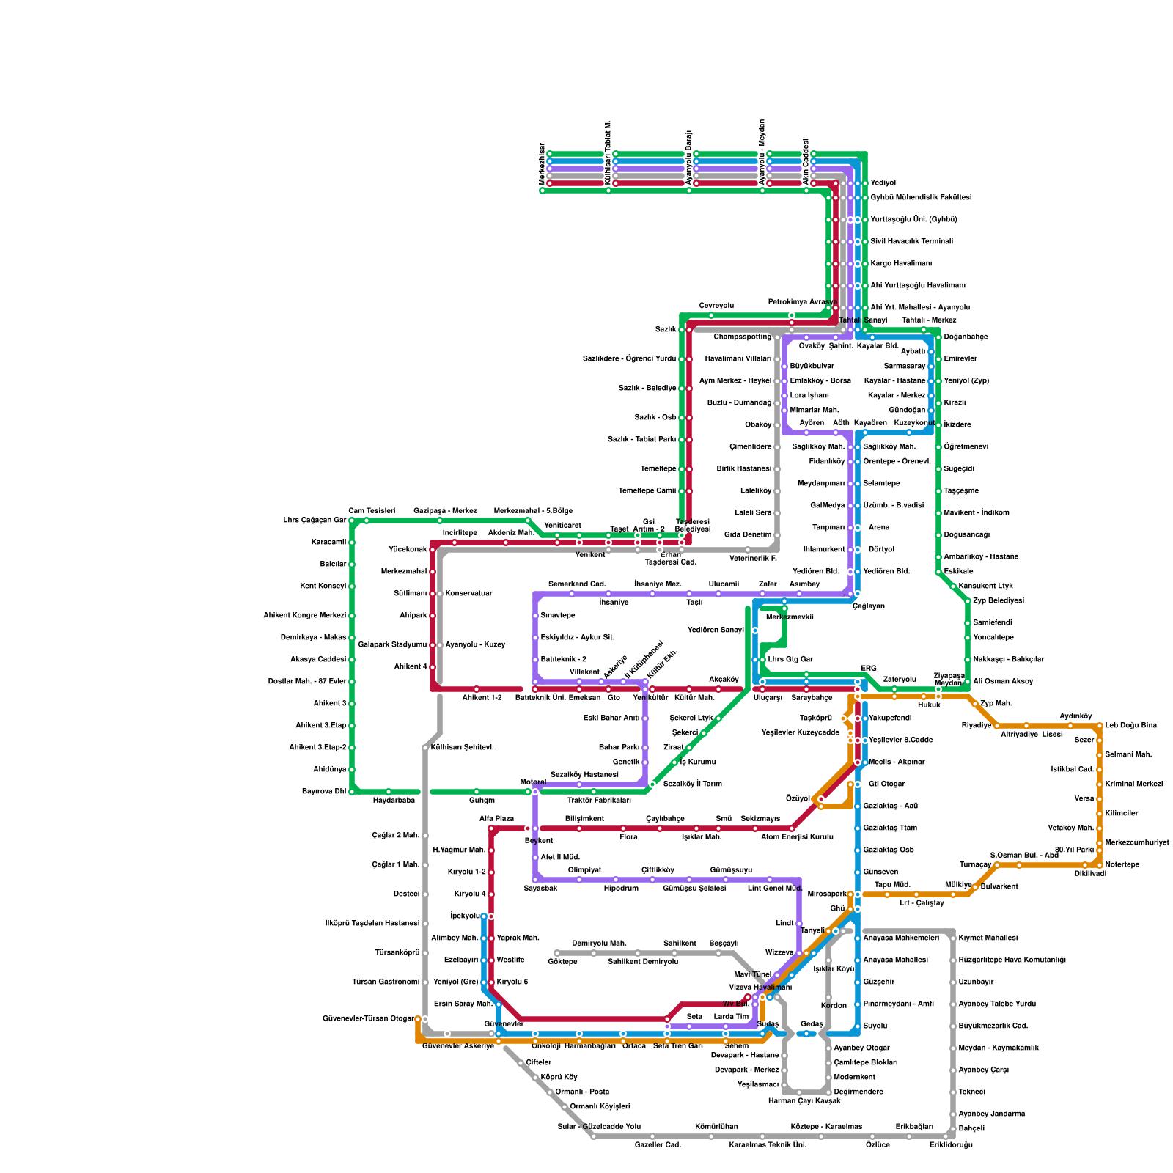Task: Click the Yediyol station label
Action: tap(883, 183)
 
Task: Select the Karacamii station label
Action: tap(328, 542)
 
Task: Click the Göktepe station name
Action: tap(562, 961)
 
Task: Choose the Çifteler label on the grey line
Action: tap(538, 1062)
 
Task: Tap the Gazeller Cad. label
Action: tap(658, 1144)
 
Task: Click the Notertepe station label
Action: tap(1122, 864)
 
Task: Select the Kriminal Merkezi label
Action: tap(1133, 784)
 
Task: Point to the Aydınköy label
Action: tap(1075, 716)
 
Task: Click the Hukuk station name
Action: tap(929, 705)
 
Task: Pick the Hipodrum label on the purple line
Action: tap(621, 888)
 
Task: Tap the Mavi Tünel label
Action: tap(753, 974)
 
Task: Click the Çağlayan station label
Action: tap(869, 606)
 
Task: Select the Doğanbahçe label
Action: tap(966, 337)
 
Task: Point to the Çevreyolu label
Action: tap(716, 306)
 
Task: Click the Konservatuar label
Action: tap(468, 593)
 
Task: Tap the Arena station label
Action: tap(878, 527)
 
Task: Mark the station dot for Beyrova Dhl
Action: tap(352, 792)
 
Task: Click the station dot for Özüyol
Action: tap(821, 799)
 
